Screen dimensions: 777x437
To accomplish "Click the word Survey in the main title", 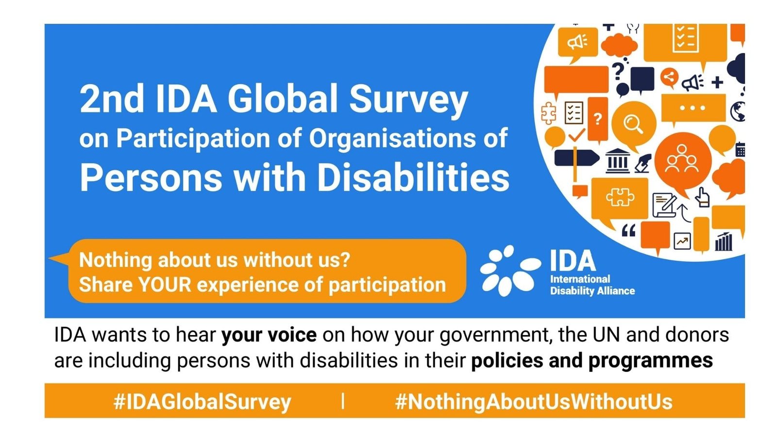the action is point(408,101).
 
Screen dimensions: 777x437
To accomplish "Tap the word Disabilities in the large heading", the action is point(413,177).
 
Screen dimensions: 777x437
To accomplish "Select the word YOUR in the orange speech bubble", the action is point(165,285).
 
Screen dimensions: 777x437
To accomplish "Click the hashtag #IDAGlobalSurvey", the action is point(202,402).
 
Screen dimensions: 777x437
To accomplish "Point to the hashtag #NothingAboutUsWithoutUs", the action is point(534,402).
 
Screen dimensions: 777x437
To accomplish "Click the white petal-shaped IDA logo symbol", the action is point(510,270).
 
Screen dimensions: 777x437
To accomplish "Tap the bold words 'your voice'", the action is point(269,335).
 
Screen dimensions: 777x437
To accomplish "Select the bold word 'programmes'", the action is point(650,361).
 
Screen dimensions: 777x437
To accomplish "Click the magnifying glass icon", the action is point(633,124).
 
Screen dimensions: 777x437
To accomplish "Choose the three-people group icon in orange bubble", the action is point(682,159).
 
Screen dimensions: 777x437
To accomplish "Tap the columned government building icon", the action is point(617,161).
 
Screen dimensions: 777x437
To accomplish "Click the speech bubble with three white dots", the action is point(693,109).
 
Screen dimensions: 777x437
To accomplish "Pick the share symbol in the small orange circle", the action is point(669,77).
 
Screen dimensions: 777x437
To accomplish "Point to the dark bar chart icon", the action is point(724,241).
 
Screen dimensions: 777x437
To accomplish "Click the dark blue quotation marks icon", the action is point(628,230).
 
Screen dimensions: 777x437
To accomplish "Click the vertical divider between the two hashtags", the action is point(343,401).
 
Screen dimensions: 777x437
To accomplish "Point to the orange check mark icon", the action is point(576,135).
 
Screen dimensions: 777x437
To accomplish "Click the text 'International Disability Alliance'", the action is point(592,285).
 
